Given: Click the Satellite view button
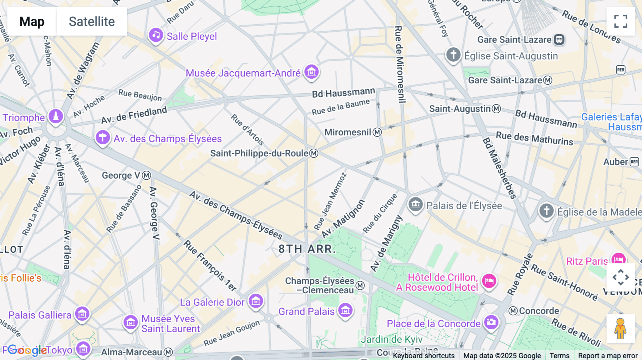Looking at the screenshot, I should pyautogui.click(x=92, y=21).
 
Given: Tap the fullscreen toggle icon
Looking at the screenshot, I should pyautogui.click(x=621, y=21).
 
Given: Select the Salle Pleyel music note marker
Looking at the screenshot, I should pyautogui.click(x=156, y=35).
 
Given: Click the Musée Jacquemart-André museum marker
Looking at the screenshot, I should pyautogui.click(x=311, y=72).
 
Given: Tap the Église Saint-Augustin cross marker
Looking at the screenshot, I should pyautogui.click(x=453, y=55).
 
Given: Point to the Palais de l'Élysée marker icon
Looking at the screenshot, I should pyautogui.click(x=416, y=205).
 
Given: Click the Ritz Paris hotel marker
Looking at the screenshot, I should pyautogui.click(x=618, y=259).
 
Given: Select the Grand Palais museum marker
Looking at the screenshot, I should pyautogui.click(x=345, y=310).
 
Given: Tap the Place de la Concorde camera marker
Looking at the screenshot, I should pyautogui.click(x=491, y=322).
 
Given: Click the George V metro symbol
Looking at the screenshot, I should pyautogui.click(x=147, y=175).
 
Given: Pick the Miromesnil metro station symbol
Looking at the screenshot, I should pyautogui.click(x=377, y=133).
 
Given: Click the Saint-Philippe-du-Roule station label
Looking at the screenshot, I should pyautogui.click(x=259, y=153).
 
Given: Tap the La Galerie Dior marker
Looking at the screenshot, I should pyautogui.click(x=256, y=301).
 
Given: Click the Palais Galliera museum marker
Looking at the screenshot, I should pyautogui.click(x=82, y=314).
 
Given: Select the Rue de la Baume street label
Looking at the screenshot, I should pyautogui.click(x=341, y=107).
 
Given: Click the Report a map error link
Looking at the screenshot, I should pyautogui.click(x=608, y=356).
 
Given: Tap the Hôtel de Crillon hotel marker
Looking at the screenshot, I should pyautogui.click(x=489, y=281).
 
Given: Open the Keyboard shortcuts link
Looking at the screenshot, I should pyautogui.click(x=424, y=356).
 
